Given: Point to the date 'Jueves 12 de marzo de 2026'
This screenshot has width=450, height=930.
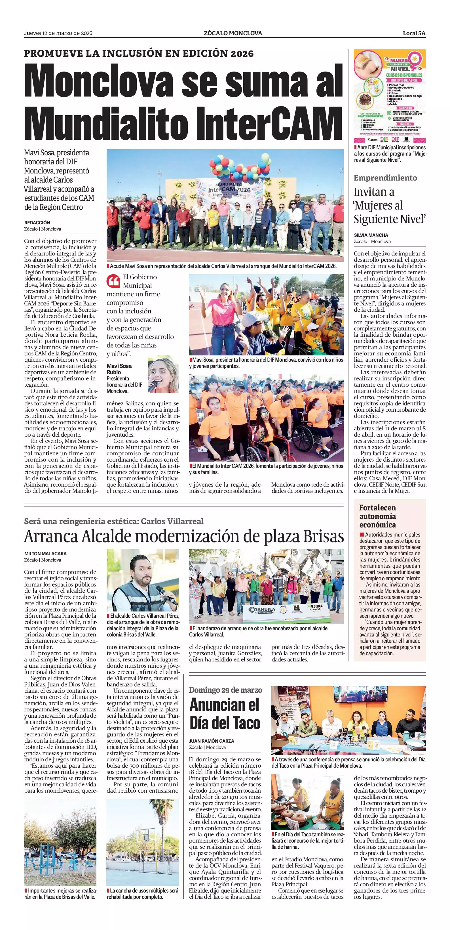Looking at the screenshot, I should [58, 33].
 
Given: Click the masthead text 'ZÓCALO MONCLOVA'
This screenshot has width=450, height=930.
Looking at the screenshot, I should [233, 33].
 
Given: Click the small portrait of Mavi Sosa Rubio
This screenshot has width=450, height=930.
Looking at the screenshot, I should [163, 374].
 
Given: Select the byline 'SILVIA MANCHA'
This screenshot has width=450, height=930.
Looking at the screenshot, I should [371, 235].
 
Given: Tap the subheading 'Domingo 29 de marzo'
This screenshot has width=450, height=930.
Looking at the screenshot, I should [225, 690].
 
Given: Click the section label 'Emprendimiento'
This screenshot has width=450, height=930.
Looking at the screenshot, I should [385, 178].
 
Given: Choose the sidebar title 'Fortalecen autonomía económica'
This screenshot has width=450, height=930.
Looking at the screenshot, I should [377, 516].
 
